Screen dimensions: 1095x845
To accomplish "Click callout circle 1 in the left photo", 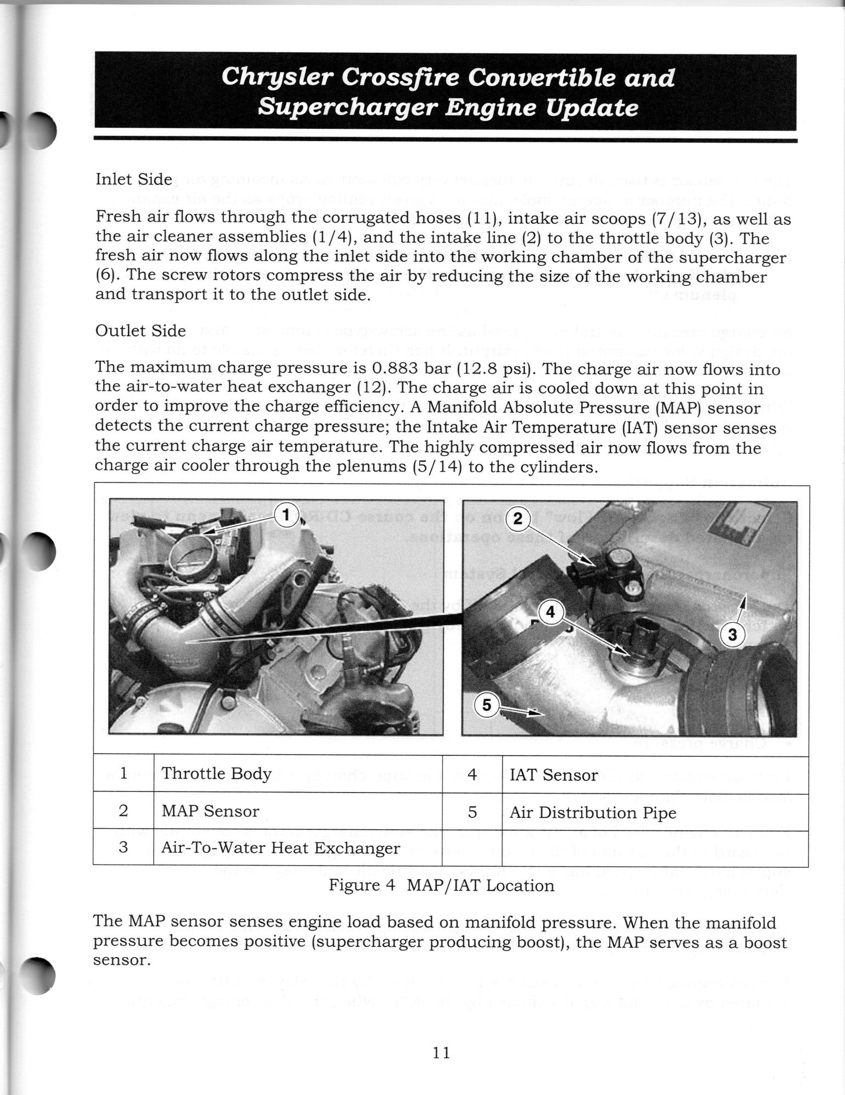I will (286, 515).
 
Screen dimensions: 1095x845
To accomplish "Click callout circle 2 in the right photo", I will (517, 519).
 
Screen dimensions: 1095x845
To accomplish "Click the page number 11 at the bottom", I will (441, 1053).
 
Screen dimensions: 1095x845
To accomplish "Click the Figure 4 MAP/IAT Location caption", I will (441, 885).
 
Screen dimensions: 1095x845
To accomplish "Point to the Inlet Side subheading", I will (134, 179).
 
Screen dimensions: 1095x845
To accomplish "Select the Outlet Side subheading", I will (140, 331).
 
